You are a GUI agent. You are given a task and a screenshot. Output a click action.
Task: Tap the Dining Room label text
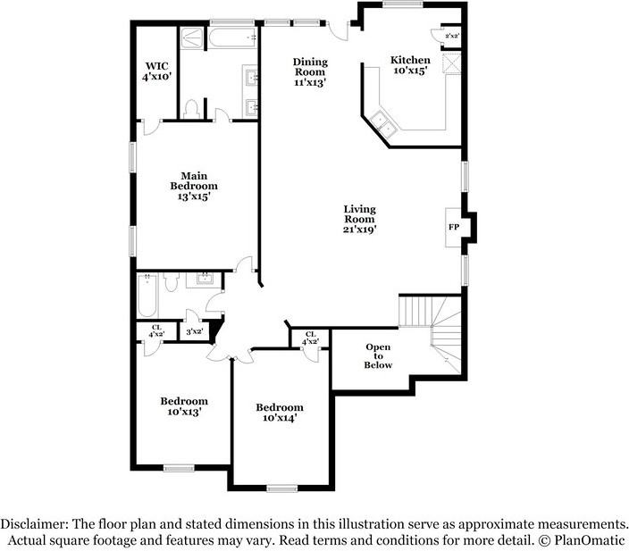pyautogui.click(x=310, y=71)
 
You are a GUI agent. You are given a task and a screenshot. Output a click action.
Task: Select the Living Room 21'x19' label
pyautogui.click(x=359, y=219)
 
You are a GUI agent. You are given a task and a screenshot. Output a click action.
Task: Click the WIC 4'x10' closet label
pyautogui.click(x=157, y=71)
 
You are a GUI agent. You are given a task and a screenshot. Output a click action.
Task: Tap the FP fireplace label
pyautogui.click(x=453, y=227)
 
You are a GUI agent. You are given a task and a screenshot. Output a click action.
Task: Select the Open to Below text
pyautogui.click(x=378, y=355)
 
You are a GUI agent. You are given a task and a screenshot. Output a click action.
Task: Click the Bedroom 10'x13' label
pyautogui.click(x=184, y=406)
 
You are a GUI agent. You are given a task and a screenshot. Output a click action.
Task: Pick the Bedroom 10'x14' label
pyautogui.click(x=280, y=413)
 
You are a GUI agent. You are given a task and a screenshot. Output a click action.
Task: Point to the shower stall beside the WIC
pyautogui.click(x=191, y=38)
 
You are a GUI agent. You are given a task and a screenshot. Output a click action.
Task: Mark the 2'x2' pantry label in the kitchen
pyautogui.click(x=452, y=36)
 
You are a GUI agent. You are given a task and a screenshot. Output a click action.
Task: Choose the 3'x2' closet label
pyautogui.click(x=192, y=331)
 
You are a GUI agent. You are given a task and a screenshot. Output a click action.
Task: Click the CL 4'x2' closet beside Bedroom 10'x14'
pyautogui.click(x=309, y=338)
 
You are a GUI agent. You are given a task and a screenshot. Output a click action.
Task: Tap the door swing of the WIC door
pyautogui.click(x=152, y=128)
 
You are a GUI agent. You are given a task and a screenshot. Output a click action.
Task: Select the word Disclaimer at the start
pyautogui.click(x=33, y=525)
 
